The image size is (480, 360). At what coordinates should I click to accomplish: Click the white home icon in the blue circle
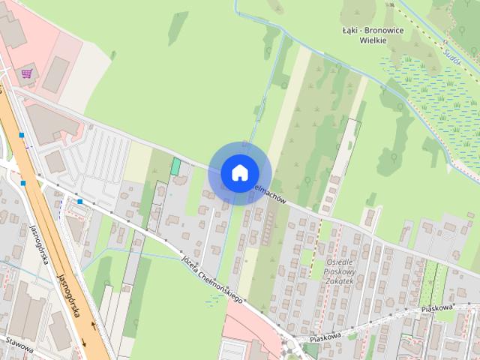click(x=239, y=172)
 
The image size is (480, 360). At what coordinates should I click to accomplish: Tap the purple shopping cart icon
click(x=27, y=73)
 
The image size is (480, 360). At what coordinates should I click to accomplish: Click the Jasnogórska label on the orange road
click(x=70, y=294)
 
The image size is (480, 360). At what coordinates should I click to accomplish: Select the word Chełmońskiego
click(x=225, y=288)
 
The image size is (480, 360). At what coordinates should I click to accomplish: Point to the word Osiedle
click(x=341, y=262)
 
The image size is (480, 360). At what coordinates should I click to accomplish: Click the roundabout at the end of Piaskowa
click(x=291, y=347)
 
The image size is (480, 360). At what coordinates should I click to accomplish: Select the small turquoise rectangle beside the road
click(x=175, y=166)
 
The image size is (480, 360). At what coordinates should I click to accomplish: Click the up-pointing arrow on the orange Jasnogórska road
click(x=93, y=323)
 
